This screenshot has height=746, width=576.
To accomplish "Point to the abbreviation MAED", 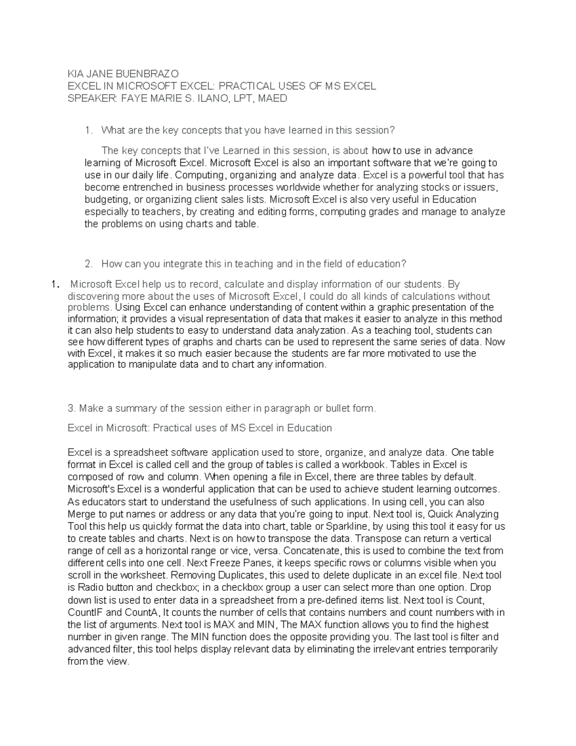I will click(x=273, y=98).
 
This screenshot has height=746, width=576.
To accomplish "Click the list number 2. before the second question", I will click(x=88, y=264).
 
